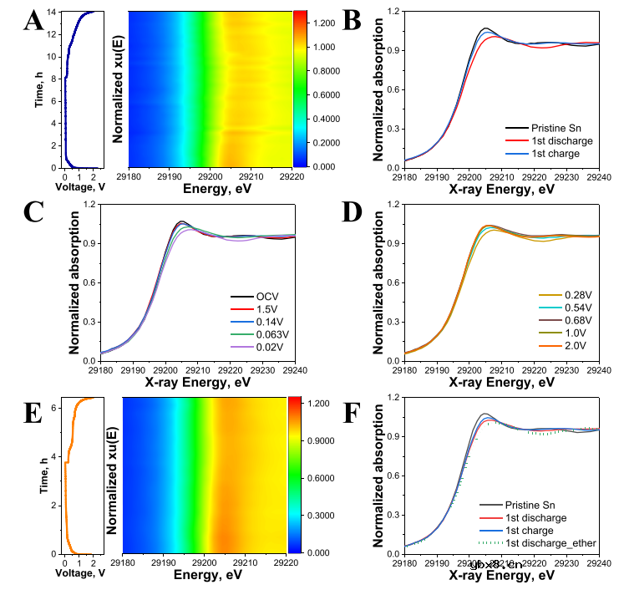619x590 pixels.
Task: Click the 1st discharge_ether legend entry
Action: (551, 544)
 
